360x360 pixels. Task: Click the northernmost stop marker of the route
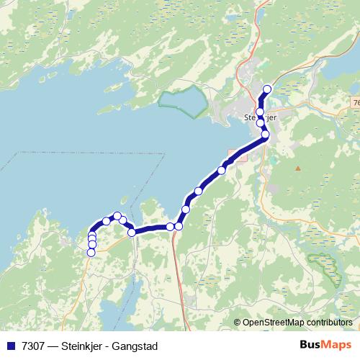[x=267, y=89]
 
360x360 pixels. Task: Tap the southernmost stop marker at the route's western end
[x=91, y=252]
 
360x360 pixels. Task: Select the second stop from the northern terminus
[x=260, y=112]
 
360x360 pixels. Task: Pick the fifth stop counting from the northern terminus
[x=222, y=170]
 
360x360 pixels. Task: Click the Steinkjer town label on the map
[x=260, y=117]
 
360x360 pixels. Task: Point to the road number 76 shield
[x=356, y=104]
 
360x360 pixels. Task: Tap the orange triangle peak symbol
[x=297, y=168]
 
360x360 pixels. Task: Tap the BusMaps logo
[x=326, y=346]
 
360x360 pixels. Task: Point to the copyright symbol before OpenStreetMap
[x=238, y=323]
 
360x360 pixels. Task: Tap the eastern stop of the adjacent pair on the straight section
[x=179, y=226]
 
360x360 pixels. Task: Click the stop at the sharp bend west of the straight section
[x=132, y=232]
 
